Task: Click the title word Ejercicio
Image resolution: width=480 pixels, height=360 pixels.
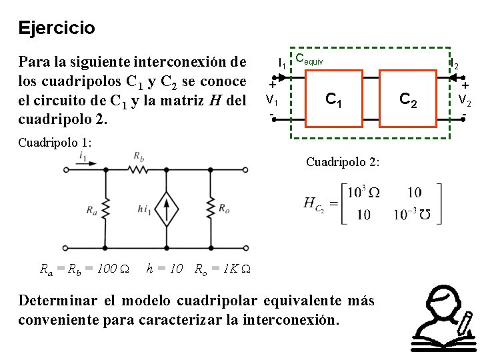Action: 57,29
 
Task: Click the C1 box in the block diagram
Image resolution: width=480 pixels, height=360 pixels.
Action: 333,99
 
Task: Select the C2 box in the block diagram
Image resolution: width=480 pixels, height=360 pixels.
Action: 408,99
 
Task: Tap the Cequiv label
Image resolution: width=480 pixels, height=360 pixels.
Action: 309,59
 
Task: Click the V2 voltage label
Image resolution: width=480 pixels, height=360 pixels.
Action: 465,101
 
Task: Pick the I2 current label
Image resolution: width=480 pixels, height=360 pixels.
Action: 454,65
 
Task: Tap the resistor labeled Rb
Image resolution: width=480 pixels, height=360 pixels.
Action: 139,171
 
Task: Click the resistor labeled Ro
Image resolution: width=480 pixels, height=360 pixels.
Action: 210,209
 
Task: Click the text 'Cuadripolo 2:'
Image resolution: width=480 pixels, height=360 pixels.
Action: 343,162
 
